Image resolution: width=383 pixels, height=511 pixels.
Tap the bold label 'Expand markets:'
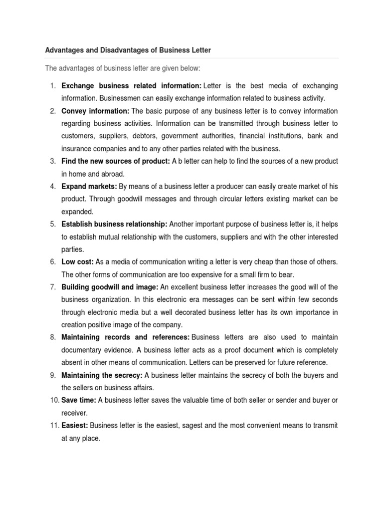pos(89,186)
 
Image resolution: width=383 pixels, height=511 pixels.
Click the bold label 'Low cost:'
pos(78,262)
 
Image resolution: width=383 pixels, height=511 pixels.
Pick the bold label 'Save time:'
pos(79,400)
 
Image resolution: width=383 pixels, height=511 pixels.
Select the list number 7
pos(52,287)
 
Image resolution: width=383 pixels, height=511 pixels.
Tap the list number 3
pos(52,161)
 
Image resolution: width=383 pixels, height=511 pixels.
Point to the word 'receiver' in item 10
pos(73,413)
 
